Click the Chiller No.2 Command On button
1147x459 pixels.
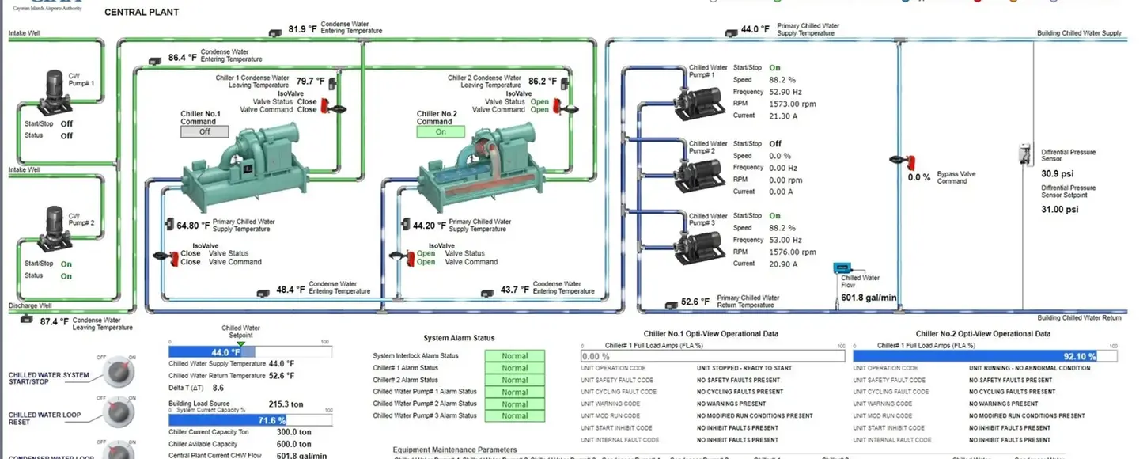pos(441,132)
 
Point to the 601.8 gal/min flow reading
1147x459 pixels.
pos(869,298)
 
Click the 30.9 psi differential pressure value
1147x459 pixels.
pos(1057,173)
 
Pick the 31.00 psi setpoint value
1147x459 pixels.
pos(1059,210)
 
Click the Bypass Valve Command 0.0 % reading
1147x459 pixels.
pos(919,177)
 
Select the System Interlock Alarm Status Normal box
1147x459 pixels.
pos(514,356)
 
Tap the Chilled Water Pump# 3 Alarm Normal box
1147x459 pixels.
pos(514,415)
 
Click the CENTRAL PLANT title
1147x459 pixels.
pos(142,13)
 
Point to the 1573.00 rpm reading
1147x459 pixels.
pos(793,104)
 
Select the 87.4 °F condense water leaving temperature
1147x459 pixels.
pos(54,322)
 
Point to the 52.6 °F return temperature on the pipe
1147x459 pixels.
pos(695,302)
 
